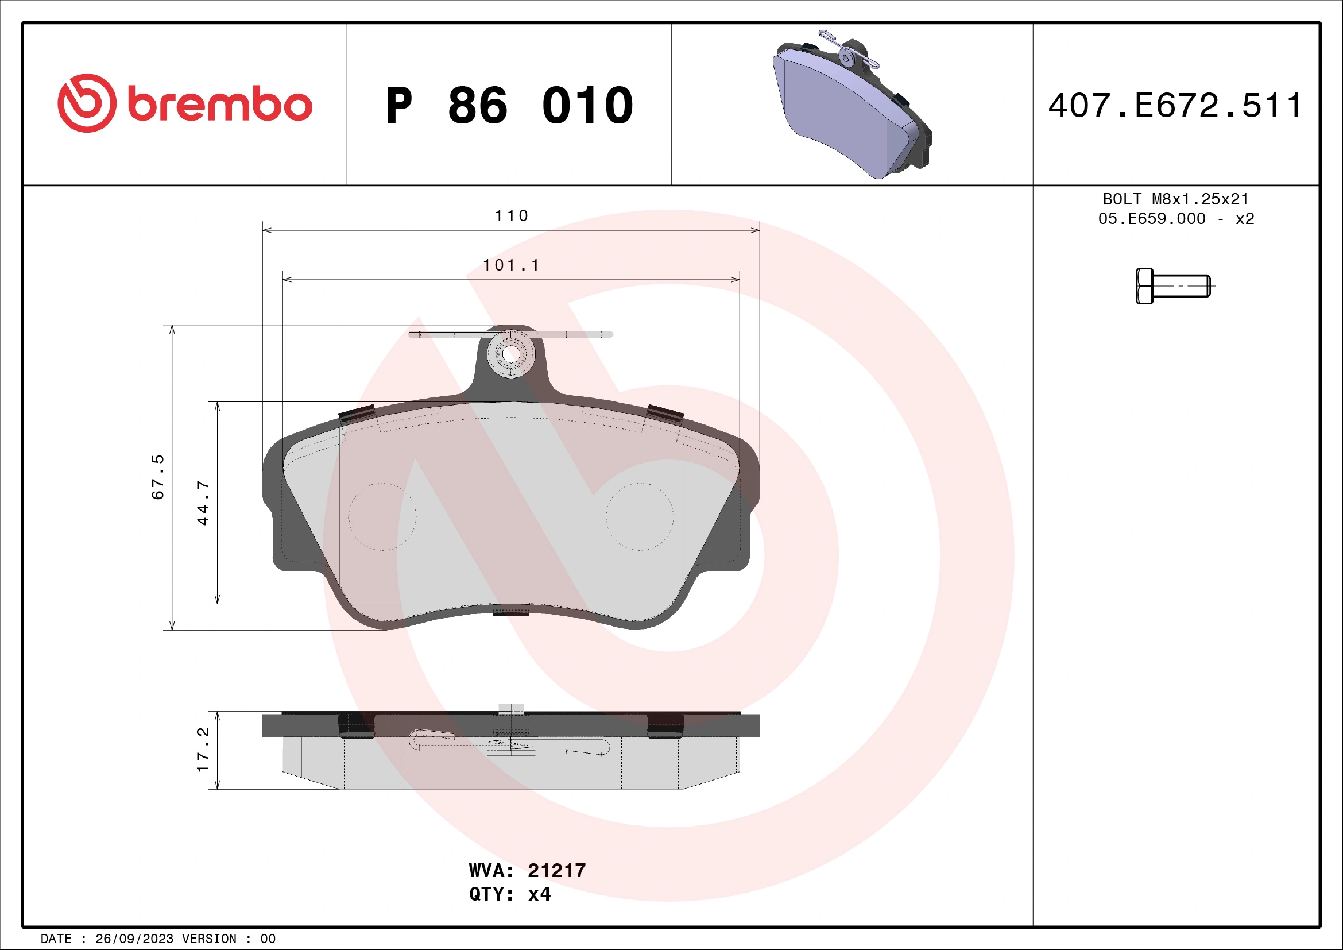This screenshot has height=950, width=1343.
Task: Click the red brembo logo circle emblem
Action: click(87, 103)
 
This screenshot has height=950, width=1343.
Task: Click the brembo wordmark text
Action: click(219, 105)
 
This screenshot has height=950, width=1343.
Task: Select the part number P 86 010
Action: click(509, 106)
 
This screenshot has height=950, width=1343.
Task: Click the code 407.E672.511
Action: click(1175, 106)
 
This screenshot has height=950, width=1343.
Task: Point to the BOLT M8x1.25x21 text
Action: click(1176, 199)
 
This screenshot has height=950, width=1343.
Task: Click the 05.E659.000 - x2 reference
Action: click(1176, 219)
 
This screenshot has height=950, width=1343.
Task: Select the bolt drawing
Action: click(1172, 286)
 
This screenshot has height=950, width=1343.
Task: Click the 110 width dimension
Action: click(511, 216)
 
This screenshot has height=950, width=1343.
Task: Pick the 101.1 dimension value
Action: click(511, 265)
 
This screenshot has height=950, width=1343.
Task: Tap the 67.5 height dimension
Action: click(158, 477)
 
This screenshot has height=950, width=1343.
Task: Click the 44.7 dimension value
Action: click(202, 503)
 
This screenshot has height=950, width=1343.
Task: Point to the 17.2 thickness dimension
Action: click(202, 750)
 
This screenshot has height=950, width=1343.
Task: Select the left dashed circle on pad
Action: click(382, 516)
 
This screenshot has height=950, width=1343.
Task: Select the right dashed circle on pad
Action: click(639, 516)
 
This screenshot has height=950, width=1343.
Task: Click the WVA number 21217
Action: click(556, 870)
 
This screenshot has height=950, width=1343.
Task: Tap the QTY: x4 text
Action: click(509, 894)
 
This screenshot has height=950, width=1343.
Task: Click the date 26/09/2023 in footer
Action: click(134, 939)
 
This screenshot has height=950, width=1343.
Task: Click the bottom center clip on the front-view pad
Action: click(510, 611)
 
